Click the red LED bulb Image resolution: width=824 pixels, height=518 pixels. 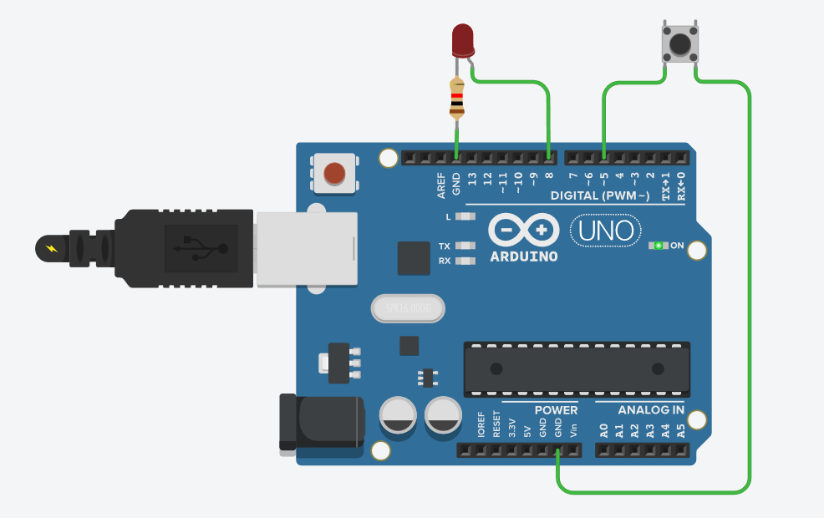(463, 40)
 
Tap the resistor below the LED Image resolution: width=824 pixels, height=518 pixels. (456, 99)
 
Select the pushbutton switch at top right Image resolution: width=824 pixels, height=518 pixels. (679, 43)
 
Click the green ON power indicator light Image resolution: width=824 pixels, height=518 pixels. (659, 246)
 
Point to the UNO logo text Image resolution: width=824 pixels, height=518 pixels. (606, 230)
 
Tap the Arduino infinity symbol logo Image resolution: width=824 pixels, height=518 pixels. (524, 230)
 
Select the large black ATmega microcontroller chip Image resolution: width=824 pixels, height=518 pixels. (577, 368)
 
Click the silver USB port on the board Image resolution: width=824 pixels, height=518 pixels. (306, 249)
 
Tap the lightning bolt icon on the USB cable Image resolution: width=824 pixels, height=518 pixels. (52, 248)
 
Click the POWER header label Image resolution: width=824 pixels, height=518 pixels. (557, 410)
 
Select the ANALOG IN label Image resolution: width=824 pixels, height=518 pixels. (651, 410)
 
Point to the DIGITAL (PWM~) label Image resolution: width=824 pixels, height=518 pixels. (599, 196)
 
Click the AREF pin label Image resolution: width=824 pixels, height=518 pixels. (441, 184)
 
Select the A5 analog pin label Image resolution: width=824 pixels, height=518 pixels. (681, 431)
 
